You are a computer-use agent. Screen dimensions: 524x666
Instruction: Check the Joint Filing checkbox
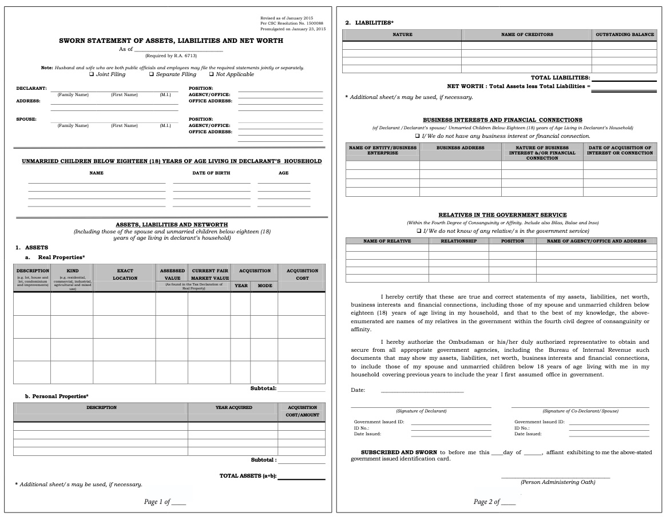click(92, 74)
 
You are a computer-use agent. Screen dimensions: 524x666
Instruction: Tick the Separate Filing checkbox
click(152, 74)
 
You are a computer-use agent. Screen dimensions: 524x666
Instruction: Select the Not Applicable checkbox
click(211, 74)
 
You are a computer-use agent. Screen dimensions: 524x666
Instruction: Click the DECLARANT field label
click(27, 88)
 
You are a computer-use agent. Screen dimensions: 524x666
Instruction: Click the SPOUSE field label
click(26, 119)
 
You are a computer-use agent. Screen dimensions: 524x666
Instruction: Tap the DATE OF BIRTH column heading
click(211, 173)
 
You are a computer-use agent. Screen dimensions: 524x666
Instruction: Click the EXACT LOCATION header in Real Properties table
click(125, 274)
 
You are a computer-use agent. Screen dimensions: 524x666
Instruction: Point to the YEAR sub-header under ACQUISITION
click(241, 285)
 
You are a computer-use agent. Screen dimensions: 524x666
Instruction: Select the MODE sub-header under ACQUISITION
click(264, 285)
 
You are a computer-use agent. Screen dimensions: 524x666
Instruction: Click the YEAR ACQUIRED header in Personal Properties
click(233, 407)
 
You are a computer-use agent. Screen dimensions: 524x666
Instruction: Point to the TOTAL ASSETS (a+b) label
click(247, 476)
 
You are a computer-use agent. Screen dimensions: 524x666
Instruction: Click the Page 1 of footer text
click(157, 502)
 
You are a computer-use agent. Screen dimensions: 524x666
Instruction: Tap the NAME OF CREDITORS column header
click(526, 34)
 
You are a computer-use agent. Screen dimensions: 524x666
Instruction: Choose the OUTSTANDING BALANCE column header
click(624, 34)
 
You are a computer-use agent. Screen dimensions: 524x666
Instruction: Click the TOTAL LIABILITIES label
click(560, 77)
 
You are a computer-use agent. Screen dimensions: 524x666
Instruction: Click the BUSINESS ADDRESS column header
click(460, 148)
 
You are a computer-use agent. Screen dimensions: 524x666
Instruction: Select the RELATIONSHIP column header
click(458, 241)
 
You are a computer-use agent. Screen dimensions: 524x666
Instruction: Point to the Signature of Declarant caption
click(421, 411)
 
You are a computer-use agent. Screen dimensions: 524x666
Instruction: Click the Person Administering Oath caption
click(557, 482)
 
